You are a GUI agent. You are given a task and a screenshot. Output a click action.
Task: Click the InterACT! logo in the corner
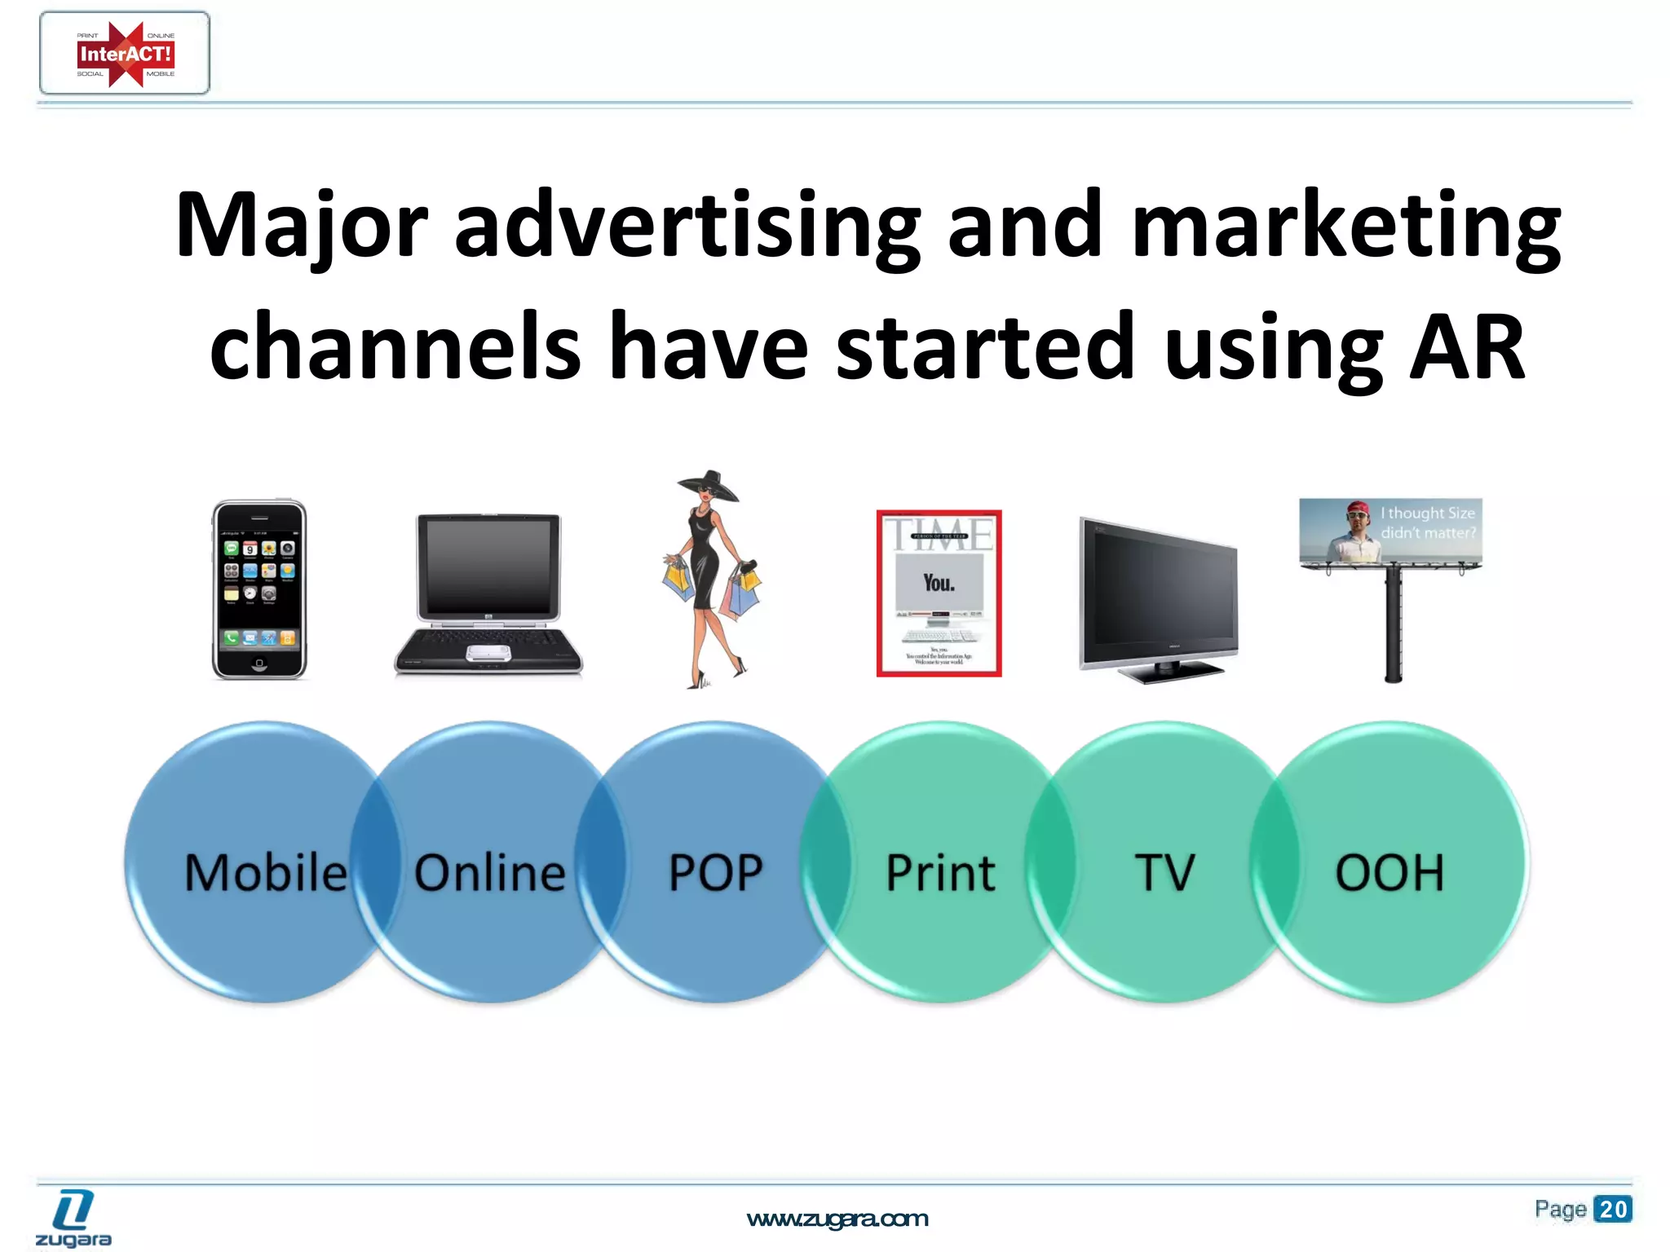125,54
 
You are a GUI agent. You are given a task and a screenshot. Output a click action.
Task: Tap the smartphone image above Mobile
259,589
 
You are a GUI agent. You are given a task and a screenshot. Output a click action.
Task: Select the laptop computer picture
489,593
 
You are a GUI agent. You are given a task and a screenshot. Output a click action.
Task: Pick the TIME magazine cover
939,593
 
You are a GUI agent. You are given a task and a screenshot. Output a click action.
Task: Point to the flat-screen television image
1158,599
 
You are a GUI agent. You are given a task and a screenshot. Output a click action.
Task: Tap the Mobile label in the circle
266,873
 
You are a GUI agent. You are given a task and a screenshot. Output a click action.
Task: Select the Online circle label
489,873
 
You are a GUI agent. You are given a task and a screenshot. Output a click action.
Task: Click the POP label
715,873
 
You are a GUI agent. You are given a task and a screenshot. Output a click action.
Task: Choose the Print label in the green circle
940,873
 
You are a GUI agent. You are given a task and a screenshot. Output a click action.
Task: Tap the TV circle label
1164,873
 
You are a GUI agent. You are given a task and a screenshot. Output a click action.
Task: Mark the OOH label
1389,873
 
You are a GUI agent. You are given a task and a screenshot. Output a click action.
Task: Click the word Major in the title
301,225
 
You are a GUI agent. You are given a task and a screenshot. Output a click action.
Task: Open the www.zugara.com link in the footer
837,1219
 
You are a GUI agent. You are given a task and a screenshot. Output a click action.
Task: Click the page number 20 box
1612,1209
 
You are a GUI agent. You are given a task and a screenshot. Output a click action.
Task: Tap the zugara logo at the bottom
73,1219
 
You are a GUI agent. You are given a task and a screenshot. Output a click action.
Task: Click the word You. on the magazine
939,583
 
